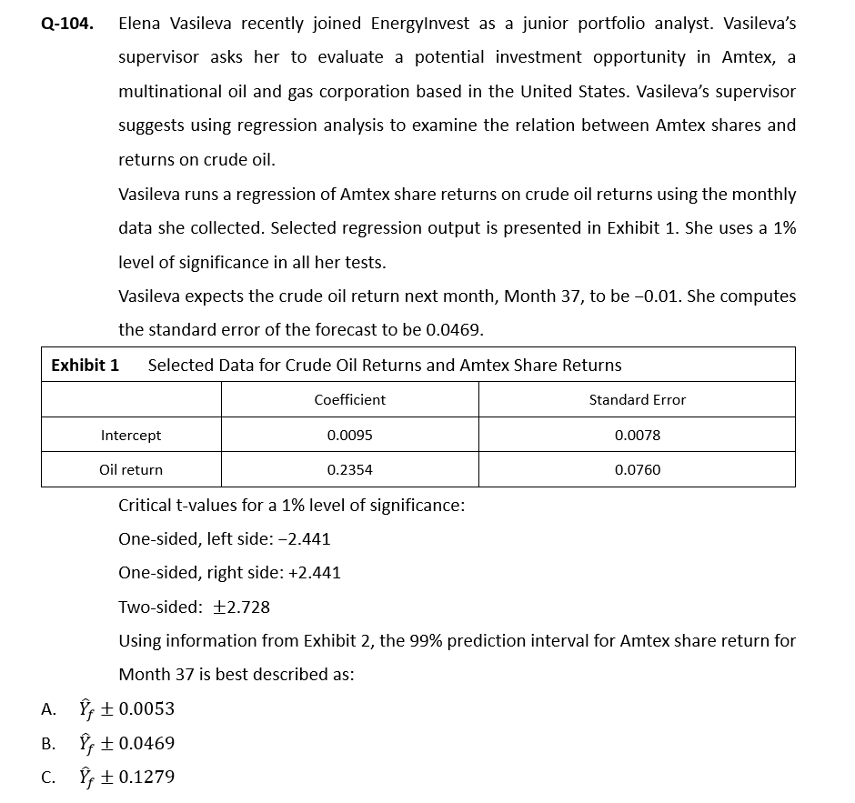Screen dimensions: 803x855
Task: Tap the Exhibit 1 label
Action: [85, 365]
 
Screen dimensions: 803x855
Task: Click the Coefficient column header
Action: [349, 399]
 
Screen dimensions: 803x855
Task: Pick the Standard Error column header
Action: [637, 399]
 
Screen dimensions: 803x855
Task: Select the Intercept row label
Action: [131, 436]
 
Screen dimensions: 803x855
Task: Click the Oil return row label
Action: [131, 470]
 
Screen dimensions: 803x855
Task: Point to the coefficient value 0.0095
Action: [349, 436]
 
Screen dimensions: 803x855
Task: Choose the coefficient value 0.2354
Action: [349, 470]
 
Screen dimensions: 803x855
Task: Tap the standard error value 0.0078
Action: [637, 436]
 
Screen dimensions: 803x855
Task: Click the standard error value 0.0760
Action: [637, 470]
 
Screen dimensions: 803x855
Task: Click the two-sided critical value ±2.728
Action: [240, 607]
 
